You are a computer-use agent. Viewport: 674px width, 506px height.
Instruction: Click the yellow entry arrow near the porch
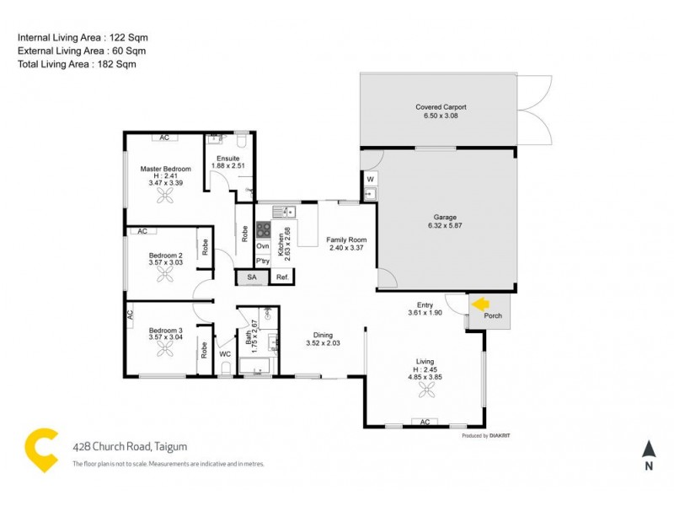[x=480, y=304]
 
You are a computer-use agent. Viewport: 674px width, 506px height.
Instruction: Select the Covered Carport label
[x=441, y=107]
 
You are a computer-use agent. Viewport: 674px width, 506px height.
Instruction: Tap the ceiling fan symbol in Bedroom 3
[x=165, y=349]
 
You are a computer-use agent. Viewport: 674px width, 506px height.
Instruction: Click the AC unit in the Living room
[x=425, y=422]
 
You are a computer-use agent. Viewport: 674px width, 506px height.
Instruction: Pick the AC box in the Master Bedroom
[x=164, y=137]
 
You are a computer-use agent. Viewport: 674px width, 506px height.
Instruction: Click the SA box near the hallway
[x=251, y=277]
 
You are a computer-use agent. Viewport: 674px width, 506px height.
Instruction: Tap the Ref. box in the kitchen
[x=282, y=277]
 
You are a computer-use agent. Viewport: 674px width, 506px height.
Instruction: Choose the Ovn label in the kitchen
[x=263, y=245]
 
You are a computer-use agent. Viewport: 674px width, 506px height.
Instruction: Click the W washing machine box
[x=370, y=179]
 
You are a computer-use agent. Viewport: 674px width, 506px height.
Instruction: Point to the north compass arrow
[x=648, y=450]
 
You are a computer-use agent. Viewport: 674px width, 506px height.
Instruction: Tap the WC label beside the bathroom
[x=224, y=354]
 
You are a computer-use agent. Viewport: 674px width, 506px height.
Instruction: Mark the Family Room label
[x=346, y=240]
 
